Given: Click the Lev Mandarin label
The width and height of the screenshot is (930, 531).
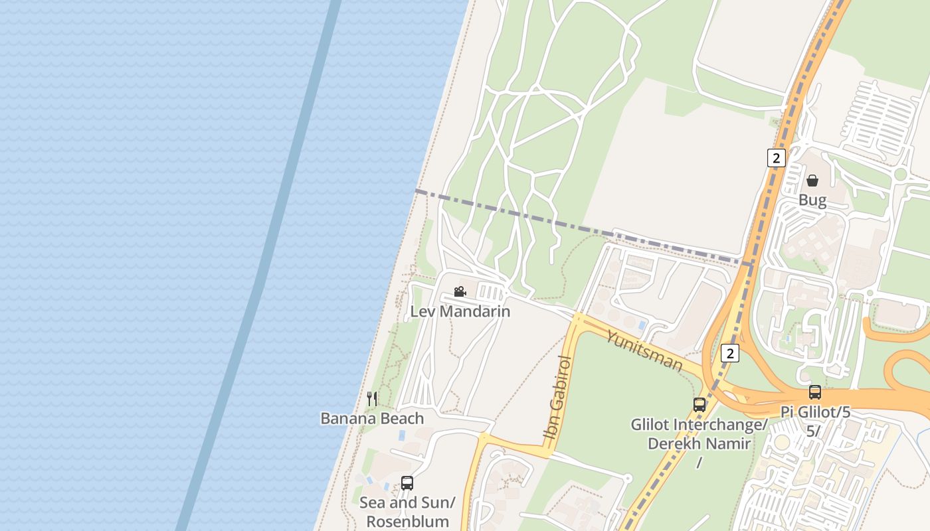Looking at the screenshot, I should [460, 311].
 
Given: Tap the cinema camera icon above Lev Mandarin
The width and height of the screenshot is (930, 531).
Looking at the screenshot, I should [460, 291].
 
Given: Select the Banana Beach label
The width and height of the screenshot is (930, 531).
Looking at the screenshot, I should [372, 418].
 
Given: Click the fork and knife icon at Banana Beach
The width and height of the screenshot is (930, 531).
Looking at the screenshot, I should [372, 398].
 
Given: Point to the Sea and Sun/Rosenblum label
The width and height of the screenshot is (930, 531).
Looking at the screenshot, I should [407, 512].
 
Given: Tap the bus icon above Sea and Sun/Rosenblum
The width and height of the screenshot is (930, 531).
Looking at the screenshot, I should [407, 483].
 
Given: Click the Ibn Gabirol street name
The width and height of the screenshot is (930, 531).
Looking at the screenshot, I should [557, 397].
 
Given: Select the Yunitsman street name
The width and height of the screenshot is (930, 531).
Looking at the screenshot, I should [644, 350].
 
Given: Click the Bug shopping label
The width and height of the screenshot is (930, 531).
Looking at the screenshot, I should [812, 200].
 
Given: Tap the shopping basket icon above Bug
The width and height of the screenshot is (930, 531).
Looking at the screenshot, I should [812, 180].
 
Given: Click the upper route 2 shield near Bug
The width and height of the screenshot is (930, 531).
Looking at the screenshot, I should [775, 158].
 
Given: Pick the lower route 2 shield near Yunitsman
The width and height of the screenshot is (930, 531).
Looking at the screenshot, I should [730, 353].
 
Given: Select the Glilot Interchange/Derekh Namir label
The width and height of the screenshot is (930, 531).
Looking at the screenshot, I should [699, 434].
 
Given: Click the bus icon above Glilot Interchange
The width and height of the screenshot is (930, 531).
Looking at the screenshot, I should [699, 404].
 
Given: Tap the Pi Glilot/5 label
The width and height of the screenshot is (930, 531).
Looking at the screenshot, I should [815, 412].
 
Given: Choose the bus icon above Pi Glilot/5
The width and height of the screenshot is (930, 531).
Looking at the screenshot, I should [815, 392].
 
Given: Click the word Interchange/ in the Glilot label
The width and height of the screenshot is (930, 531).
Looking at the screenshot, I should [721, 425].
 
